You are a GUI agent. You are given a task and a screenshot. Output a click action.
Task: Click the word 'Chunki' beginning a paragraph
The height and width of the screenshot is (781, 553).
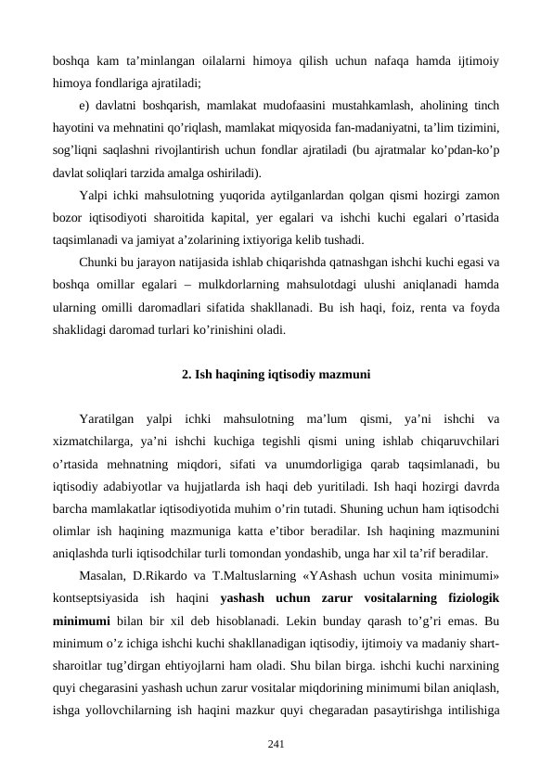pos(97,263)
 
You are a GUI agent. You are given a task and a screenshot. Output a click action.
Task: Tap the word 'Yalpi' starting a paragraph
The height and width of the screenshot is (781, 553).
pos(95,196)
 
